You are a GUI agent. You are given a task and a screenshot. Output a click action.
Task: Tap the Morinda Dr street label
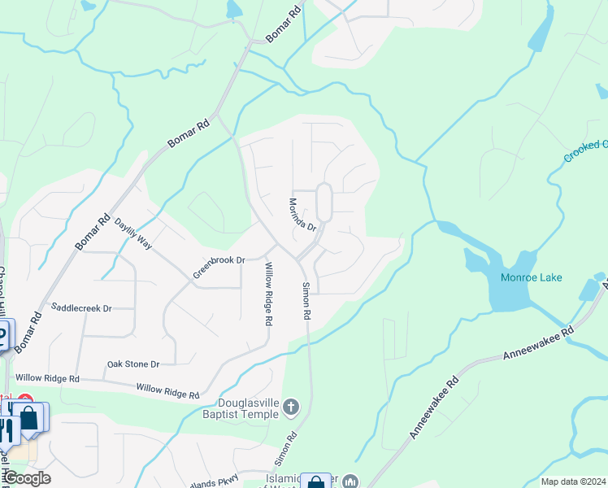(x=302, y=214)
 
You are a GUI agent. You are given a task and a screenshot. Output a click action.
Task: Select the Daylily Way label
(x=133, y=233)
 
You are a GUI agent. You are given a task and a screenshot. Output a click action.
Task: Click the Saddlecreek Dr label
(x=80, y=307)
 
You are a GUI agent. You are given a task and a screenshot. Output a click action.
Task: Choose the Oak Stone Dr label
(x=133, y=364)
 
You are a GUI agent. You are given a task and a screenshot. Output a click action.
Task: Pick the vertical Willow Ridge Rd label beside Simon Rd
(x=267, y=294)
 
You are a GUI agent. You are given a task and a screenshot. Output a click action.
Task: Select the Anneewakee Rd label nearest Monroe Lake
(x=538, y=343)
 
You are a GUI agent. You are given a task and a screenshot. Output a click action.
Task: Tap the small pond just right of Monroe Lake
(x=588, y=290)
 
